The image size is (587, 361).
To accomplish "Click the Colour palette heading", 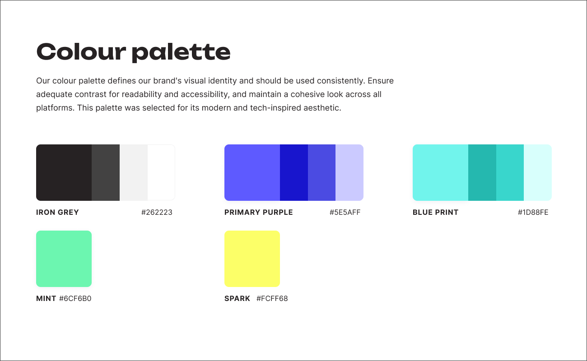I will (x=133, y=52).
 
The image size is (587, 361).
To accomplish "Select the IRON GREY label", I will (x=57, y=212).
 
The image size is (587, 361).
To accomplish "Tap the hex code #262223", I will (x=157, y=212).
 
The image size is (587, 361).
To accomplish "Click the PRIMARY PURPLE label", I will (x=258, y=212).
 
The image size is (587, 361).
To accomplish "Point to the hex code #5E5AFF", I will (x=345, y=212).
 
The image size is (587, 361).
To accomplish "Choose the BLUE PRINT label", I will (x=435, y=212).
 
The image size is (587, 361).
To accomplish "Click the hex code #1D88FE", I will (x=533, y=212).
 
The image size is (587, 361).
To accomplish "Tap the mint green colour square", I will (x=64, y=259).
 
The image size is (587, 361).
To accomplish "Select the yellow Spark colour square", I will (x=252, y=259).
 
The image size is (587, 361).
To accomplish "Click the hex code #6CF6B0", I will (x=75, y=298).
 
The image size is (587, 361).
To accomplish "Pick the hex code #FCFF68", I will (x=272, y=298).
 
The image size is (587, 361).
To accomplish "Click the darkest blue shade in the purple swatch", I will (x=293, y=172).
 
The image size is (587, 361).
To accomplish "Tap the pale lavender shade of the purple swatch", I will (x=349, y=172).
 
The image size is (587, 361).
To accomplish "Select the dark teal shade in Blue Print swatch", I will (x=482, y=172).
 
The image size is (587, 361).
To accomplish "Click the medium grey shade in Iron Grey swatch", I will (x=105, y=172).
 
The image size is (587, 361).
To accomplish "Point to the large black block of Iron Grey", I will (x=64, y=172).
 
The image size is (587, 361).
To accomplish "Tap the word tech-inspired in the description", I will (x=273, y=108).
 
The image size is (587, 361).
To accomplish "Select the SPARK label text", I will (x=237, y=298).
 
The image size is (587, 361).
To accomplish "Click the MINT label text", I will (x=46, y=298).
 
